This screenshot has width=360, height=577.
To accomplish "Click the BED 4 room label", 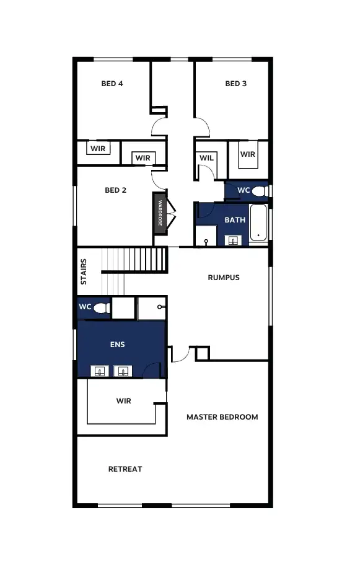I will [112, 84].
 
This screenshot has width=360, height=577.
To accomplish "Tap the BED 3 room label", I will [235, 84].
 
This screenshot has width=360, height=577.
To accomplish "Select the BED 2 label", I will [115, 190].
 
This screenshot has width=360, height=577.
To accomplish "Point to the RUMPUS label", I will [223, 278].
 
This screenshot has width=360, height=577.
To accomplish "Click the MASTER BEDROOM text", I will [222, 417].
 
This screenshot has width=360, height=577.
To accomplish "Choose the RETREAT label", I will [125, 469].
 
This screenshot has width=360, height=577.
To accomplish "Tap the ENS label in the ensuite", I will [117, 345].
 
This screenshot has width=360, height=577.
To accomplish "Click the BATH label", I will [235, 220].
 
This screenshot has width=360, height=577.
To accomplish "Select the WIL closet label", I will [206, 158].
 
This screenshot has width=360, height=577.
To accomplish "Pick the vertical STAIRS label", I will [84, 271].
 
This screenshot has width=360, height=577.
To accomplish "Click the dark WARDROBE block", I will [159, 213].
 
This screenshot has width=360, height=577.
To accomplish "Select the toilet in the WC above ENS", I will [102, 307].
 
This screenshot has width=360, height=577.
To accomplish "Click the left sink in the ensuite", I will [100, 371].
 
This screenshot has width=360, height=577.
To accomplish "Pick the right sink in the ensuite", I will [123, 371].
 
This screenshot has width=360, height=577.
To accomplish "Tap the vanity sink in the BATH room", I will [234, 240].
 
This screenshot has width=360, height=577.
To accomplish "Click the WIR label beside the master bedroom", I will [123, 401].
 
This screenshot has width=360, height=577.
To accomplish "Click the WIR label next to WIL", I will [248, 154].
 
